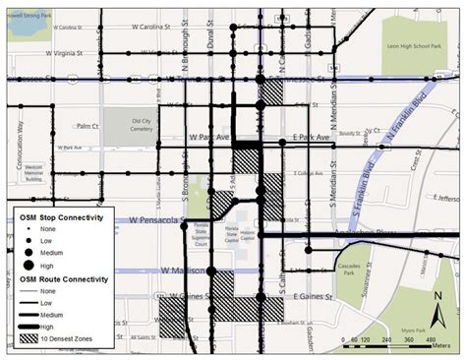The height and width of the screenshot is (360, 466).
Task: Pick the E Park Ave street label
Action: coord(309,141)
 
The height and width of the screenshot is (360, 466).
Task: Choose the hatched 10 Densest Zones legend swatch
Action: coord(30,339)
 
